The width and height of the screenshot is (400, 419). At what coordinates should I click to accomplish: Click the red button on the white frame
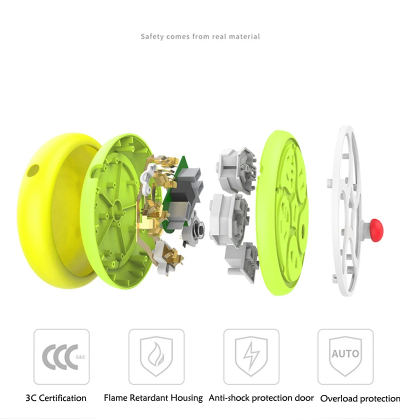click(x=376, y=230)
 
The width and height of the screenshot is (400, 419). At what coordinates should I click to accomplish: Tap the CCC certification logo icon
click(x=61, y=356)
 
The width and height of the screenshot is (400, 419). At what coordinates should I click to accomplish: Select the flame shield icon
click(x=156, y=356)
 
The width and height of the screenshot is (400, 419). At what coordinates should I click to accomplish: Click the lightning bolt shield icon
click(x=251, y=356)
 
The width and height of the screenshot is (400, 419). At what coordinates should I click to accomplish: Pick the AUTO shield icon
click(x=345, y=356)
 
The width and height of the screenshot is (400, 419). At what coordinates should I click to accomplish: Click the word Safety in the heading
click(x=152, y=36)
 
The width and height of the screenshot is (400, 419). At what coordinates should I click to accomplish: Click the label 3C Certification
click(x=56, y=398)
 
